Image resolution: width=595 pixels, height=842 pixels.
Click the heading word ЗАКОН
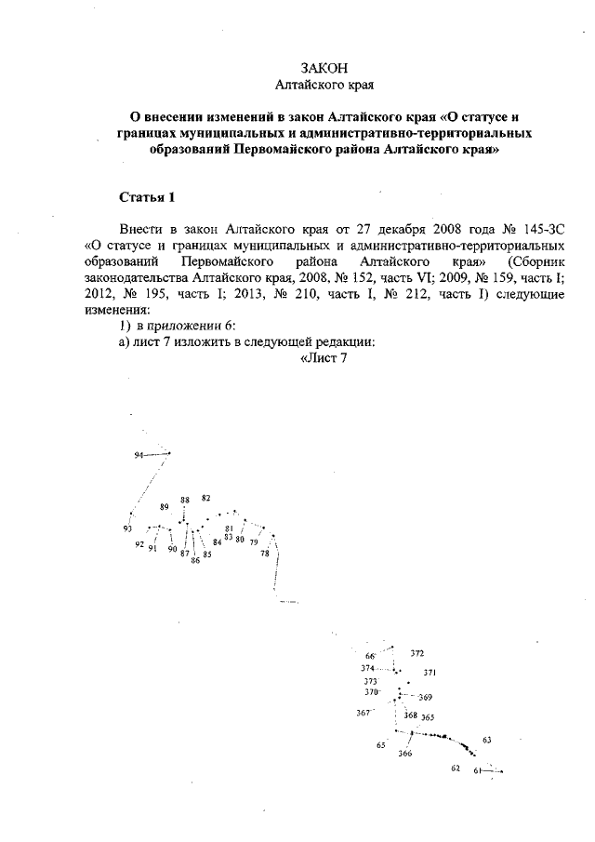tap(324, 68)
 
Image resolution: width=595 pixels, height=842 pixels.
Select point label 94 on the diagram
tap(139, 455)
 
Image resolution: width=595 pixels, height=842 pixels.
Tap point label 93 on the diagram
tap(127, 528)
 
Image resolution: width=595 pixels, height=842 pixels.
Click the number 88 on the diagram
tap(186, 500)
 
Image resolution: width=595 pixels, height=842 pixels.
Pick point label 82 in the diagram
tap(206, 499)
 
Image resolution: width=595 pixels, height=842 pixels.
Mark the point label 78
tap(265, 554)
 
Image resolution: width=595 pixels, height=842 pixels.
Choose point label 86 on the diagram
tap(195, 561)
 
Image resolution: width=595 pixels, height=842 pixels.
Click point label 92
tap(139, 544)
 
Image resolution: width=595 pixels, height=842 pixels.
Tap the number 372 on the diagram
tap(417, 654)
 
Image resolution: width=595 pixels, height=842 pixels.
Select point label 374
tap(368, 668)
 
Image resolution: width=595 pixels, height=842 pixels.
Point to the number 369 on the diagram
tap(426, 697)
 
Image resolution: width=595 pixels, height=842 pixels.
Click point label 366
tap(405, 754)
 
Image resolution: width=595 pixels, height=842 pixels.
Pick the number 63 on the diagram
tap(487, 740)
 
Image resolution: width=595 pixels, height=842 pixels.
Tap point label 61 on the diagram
tap(477, 770)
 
